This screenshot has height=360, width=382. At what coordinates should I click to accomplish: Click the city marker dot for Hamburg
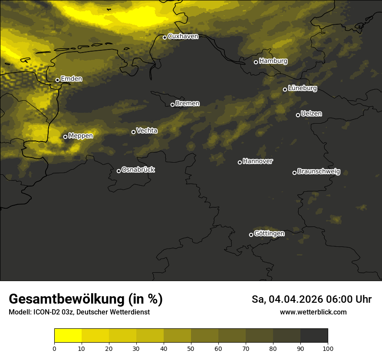pyautogui.click(x=256, y=62)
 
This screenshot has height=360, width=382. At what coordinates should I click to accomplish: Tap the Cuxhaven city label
pyautogui.click(x=183, y=36)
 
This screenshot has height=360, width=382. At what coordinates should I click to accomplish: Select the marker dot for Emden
pyautogui.click(x=57, y=80)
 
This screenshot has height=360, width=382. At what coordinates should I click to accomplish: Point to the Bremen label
pyautogui.click(x=188, y=104)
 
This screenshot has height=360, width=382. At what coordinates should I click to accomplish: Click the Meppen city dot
pyautogui.click(x=65, y=137)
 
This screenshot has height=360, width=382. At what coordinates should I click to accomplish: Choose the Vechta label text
pyautogui.click(x=147, y=131)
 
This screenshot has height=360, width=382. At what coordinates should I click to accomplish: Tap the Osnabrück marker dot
pyautogui.click(x=119, y=171)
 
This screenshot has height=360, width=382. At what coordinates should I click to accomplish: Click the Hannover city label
pyautogui.click(x=258, y=161)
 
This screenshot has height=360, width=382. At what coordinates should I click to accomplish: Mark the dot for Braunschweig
pyautogui.click(x=294, y=173)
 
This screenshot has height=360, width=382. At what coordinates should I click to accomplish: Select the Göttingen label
pyautogui.click(x=269, y=234)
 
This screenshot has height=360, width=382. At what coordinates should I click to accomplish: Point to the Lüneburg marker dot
pyautogui.click(x=285, y=89)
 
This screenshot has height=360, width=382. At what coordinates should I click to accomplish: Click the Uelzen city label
pyautogui.click(x=311, y=114)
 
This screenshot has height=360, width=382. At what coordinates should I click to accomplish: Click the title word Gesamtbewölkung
pyautogui.click(x=66, y=299)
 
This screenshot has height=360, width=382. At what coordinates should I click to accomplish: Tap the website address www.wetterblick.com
pyautogui.click(x=313, y=312)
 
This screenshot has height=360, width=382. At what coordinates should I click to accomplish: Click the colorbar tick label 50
pyautogui.click(x=191, y=348)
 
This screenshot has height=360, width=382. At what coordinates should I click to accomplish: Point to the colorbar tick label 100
pyautogui.click(x=328, y=348)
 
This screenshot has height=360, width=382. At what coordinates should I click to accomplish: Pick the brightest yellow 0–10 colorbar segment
pyautogui.click(x=68, y=336)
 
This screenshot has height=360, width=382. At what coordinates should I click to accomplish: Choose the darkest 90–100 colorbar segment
pyautogui.click(x=314, y=336)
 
